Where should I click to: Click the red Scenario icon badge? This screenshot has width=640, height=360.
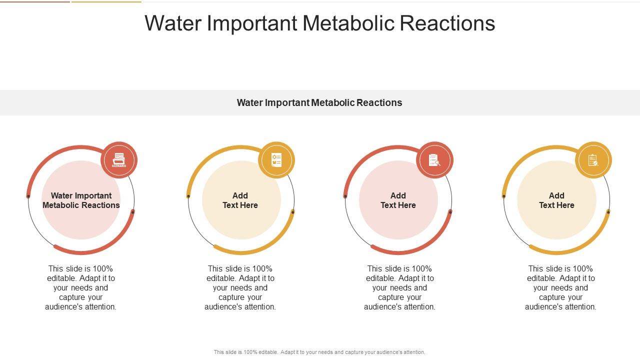[119, 160]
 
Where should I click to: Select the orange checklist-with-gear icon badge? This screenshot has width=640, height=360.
[276, 160]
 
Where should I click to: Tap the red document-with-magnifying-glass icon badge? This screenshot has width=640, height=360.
[434, 160]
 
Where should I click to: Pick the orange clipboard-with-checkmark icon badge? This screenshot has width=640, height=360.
[593, 160]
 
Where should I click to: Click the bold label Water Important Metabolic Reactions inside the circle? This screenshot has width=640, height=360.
[81, 200]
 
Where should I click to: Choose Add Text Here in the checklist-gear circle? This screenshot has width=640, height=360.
[240, 200]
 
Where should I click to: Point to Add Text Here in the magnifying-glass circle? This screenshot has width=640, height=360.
[398, 200]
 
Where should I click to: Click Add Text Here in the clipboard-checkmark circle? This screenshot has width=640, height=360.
[556, 200]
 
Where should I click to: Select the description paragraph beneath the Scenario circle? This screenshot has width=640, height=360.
[81, 287]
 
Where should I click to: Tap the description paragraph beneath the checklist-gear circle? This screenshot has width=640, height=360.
[240, 287]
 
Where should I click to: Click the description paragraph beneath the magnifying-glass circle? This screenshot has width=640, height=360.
[399, 287]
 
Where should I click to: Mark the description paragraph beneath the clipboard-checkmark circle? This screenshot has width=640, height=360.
[560, 287]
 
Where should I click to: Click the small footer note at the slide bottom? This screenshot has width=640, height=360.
[319, 352]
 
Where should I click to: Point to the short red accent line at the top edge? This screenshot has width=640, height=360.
[35, 1]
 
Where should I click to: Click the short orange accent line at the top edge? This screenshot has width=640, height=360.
[106, 1]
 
